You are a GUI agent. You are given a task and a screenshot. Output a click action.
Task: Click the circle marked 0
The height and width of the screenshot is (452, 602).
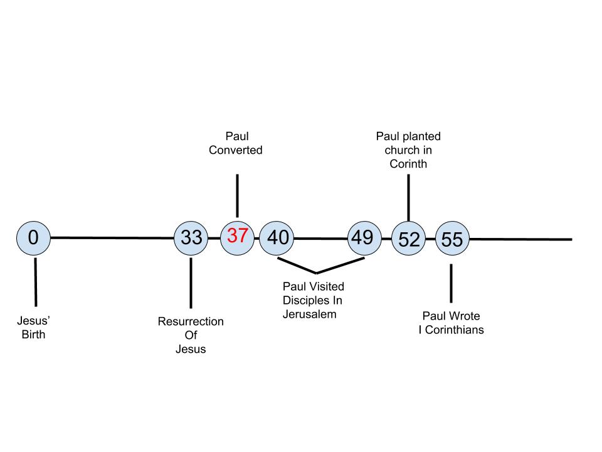click(x=33, y=238)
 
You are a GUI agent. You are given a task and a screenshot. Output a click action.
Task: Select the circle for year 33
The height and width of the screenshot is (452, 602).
click(x=191, y=238)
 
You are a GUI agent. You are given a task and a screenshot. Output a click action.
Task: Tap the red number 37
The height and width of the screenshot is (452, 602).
click(x=238, y=236)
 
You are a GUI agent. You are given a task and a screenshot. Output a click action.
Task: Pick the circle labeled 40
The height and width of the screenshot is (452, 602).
click(x=277, y=238)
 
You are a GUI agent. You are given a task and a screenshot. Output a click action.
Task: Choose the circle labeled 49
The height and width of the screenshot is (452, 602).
click(x=364, y=238)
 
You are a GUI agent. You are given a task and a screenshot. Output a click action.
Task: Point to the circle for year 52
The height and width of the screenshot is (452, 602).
click(x=408, y=239)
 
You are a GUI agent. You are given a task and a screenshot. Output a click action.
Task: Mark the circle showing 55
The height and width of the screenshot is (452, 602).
click(x=451, y=239)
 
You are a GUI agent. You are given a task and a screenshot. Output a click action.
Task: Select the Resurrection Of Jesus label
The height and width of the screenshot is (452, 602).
click(x=191, y=335)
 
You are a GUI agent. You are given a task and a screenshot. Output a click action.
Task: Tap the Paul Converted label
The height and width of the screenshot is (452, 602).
click(x=236, y=143)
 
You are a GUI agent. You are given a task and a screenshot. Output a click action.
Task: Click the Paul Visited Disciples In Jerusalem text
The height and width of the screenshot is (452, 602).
click(x=314, y=300)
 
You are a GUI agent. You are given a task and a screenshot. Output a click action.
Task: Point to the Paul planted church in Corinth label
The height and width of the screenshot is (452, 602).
click(x=408, y=150)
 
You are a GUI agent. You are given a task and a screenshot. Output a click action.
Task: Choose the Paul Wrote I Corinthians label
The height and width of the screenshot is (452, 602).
click(x=451, y=323)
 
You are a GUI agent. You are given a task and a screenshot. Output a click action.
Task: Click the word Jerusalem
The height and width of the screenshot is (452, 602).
click(x=310, y=314)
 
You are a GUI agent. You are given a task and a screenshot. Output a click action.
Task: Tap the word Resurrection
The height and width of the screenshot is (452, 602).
click(x=191, y=321)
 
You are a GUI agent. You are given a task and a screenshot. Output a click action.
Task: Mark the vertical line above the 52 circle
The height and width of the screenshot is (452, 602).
click(x=408, y=197)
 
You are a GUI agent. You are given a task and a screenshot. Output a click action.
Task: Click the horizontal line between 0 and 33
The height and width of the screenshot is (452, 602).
click(x=113, y=238)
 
